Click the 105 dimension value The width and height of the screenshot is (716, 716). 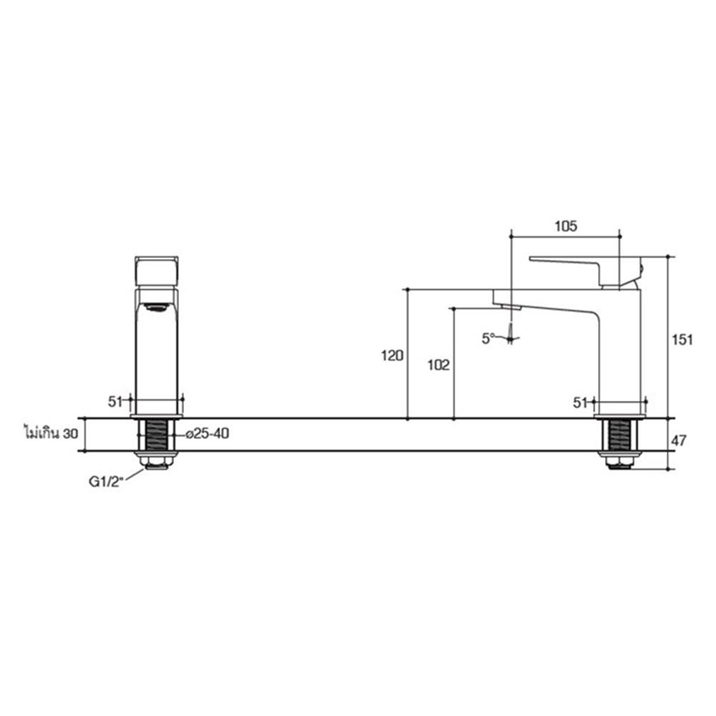click(566, 226)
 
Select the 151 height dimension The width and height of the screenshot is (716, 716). click(683, 340)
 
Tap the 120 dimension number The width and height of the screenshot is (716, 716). click(393, 354)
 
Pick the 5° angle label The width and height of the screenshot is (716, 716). click(489, 337)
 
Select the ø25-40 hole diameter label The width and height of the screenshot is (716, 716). click(207, 434)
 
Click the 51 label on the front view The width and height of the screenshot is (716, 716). click(116, 402)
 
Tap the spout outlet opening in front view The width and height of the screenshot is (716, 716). click(157, 308)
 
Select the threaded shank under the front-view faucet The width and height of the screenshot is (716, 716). click(156, 435)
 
